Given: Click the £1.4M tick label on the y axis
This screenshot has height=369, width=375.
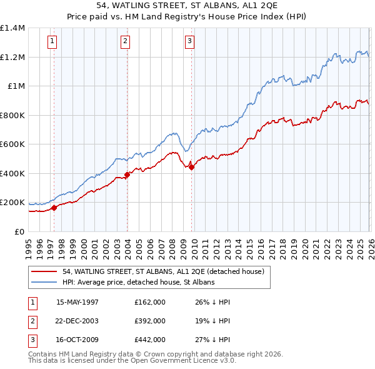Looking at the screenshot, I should (x=12, y=28).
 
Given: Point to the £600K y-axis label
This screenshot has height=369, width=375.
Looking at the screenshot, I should (x=12, y=144).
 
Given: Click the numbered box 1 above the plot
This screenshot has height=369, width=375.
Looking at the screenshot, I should (x=52, y=42).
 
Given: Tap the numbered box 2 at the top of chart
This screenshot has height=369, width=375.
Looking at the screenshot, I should (x=125, y=42).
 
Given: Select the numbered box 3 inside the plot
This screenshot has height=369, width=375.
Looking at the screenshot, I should (x=189, y=42).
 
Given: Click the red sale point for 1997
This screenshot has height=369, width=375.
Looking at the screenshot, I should (x=54, y=208).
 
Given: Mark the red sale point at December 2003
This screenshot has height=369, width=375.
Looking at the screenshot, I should (x=127, y=174).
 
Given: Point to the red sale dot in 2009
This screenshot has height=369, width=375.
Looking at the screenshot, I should (x=191, y=167).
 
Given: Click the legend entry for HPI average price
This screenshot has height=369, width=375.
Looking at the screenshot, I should (x=138, y=282).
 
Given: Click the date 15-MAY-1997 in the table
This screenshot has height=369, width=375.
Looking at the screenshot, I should (x=77, y=302).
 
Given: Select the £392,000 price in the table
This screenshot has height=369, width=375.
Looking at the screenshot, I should (x=150, y=321).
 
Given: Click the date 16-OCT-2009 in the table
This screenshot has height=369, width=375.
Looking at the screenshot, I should (x=77, y=340).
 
